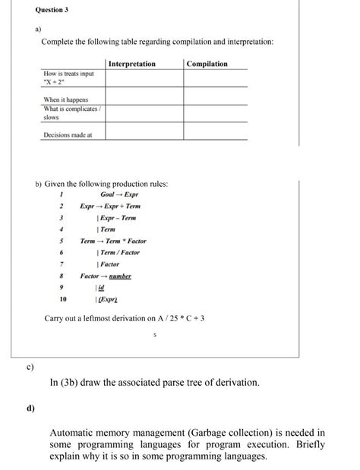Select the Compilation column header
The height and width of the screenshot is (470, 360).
tap(207, 64)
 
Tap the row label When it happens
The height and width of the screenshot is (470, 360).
tap(65, 99)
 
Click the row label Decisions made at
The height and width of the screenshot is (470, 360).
tap(68, 134)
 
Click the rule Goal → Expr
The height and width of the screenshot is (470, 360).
tap(119, 195)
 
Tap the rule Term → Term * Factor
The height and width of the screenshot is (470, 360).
tap(113, 241)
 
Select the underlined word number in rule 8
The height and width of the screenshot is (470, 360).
tap(118, 276)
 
